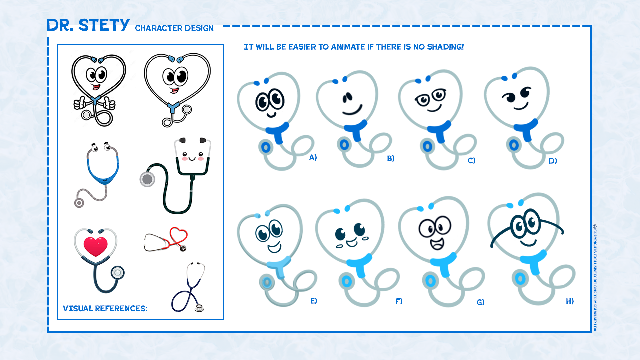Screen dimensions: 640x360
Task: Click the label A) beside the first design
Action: pos(313,157)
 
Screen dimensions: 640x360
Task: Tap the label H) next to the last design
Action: pos(570,301)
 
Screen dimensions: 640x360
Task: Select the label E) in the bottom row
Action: pos(314,301)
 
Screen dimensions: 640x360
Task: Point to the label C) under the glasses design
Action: pos(471,161)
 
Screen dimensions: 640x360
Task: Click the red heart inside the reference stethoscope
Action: pos(95,246)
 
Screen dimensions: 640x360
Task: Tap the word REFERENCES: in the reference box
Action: pos(121,309)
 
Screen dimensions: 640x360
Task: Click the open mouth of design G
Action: pos(437,244)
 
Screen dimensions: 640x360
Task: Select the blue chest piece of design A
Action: pos(266,147)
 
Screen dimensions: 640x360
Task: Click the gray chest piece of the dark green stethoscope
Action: pos(147,179)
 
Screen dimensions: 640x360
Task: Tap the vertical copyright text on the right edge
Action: pos(595,278)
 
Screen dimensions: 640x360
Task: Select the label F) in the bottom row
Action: pos(399,301)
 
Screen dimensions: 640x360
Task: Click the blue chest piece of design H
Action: pos(520,278)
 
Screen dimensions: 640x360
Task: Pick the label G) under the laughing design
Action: pos(480,302)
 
